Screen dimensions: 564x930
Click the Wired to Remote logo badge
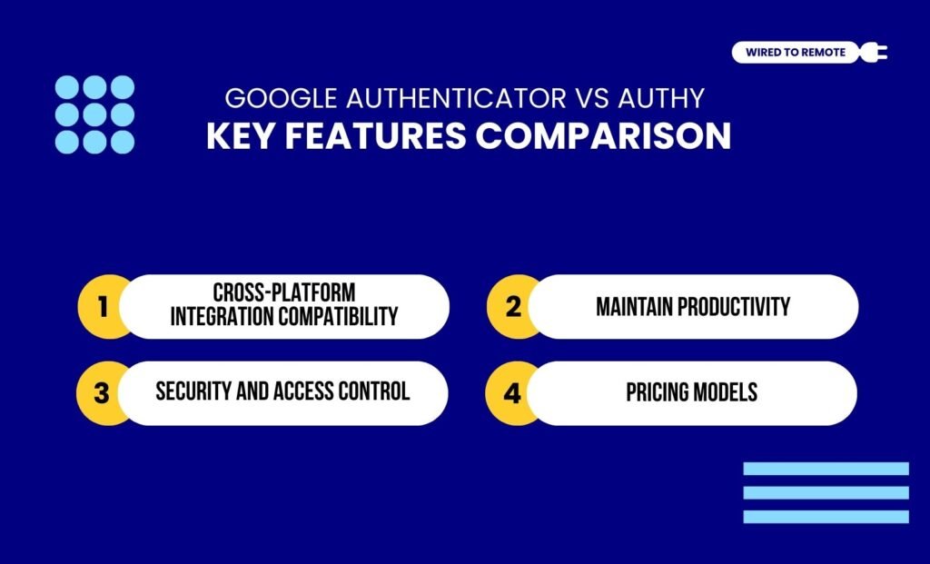click(x=795, y=53)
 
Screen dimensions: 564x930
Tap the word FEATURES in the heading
click(x=374, y=136)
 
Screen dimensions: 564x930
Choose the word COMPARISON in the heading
click(x=604, y=136)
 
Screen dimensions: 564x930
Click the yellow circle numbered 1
click(x=103, y=307)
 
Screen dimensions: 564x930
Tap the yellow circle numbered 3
click(x=102, y=393)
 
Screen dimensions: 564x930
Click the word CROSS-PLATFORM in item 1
click(x=284, y=293)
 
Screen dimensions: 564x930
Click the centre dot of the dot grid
click(x=95, y=114)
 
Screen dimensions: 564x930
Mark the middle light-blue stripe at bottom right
click(x=826, y=492)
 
